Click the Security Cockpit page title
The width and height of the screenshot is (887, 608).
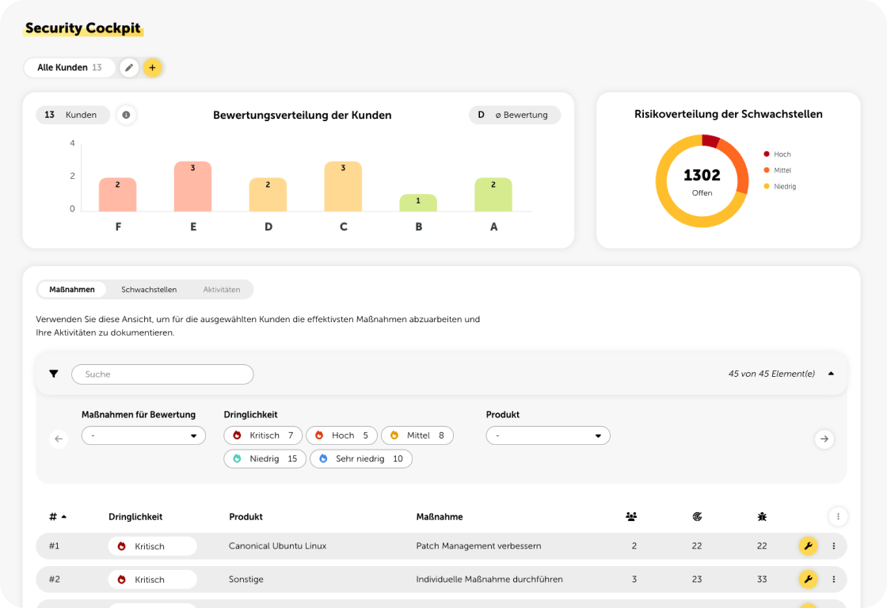(x=82, y=28)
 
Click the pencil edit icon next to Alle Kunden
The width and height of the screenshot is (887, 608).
(x=129, y=68)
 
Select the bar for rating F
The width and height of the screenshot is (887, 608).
(x=118, y=195)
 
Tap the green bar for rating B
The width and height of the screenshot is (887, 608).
(x=417, y=203)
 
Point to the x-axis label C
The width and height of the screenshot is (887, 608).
(x=344, y=227)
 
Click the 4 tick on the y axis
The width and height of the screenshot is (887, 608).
(x=72, y=143)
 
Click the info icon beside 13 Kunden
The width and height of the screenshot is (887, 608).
(x=126, y=115)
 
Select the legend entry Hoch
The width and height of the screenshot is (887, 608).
(x=781, y=154)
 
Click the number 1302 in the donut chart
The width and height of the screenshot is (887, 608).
(x=702, y=176)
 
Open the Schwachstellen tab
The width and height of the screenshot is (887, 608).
(x=149, y=290)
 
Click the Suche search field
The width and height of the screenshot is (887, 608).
(x=162, y=374)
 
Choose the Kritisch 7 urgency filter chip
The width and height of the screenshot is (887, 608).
(x=263, y=435)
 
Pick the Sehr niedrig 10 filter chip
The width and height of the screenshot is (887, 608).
(x=361, y=459)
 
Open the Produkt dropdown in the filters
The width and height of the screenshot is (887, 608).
(x=548, y=435)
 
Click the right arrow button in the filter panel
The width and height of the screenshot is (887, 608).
(x=824, y=439)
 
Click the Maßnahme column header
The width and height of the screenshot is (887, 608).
(x=440, y=517)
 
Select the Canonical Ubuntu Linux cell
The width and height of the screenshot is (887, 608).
(x=277, y=546)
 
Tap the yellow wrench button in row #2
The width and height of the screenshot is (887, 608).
(x=808, y=579)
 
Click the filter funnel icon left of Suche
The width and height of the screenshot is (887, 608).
(x=54, y=374)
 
